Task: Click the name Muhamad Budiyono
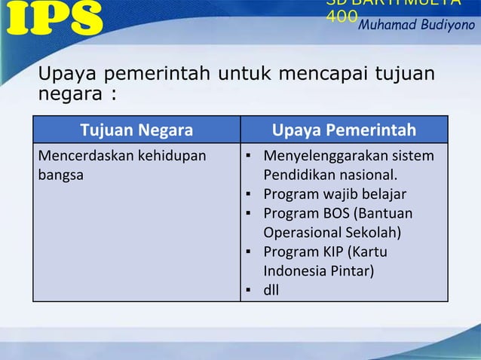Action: click(x=416, y=26)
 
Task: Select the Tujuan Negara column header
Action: click(x=136, y=132)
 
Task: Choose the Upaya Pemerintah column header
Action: click(x=344, y=132)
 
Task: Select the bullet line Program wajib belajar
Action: click(x=335, y=194)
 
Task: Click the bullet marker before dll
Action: click(x=247, y=288)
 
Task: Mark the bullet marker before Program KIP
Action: click(x=247, y=251)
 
